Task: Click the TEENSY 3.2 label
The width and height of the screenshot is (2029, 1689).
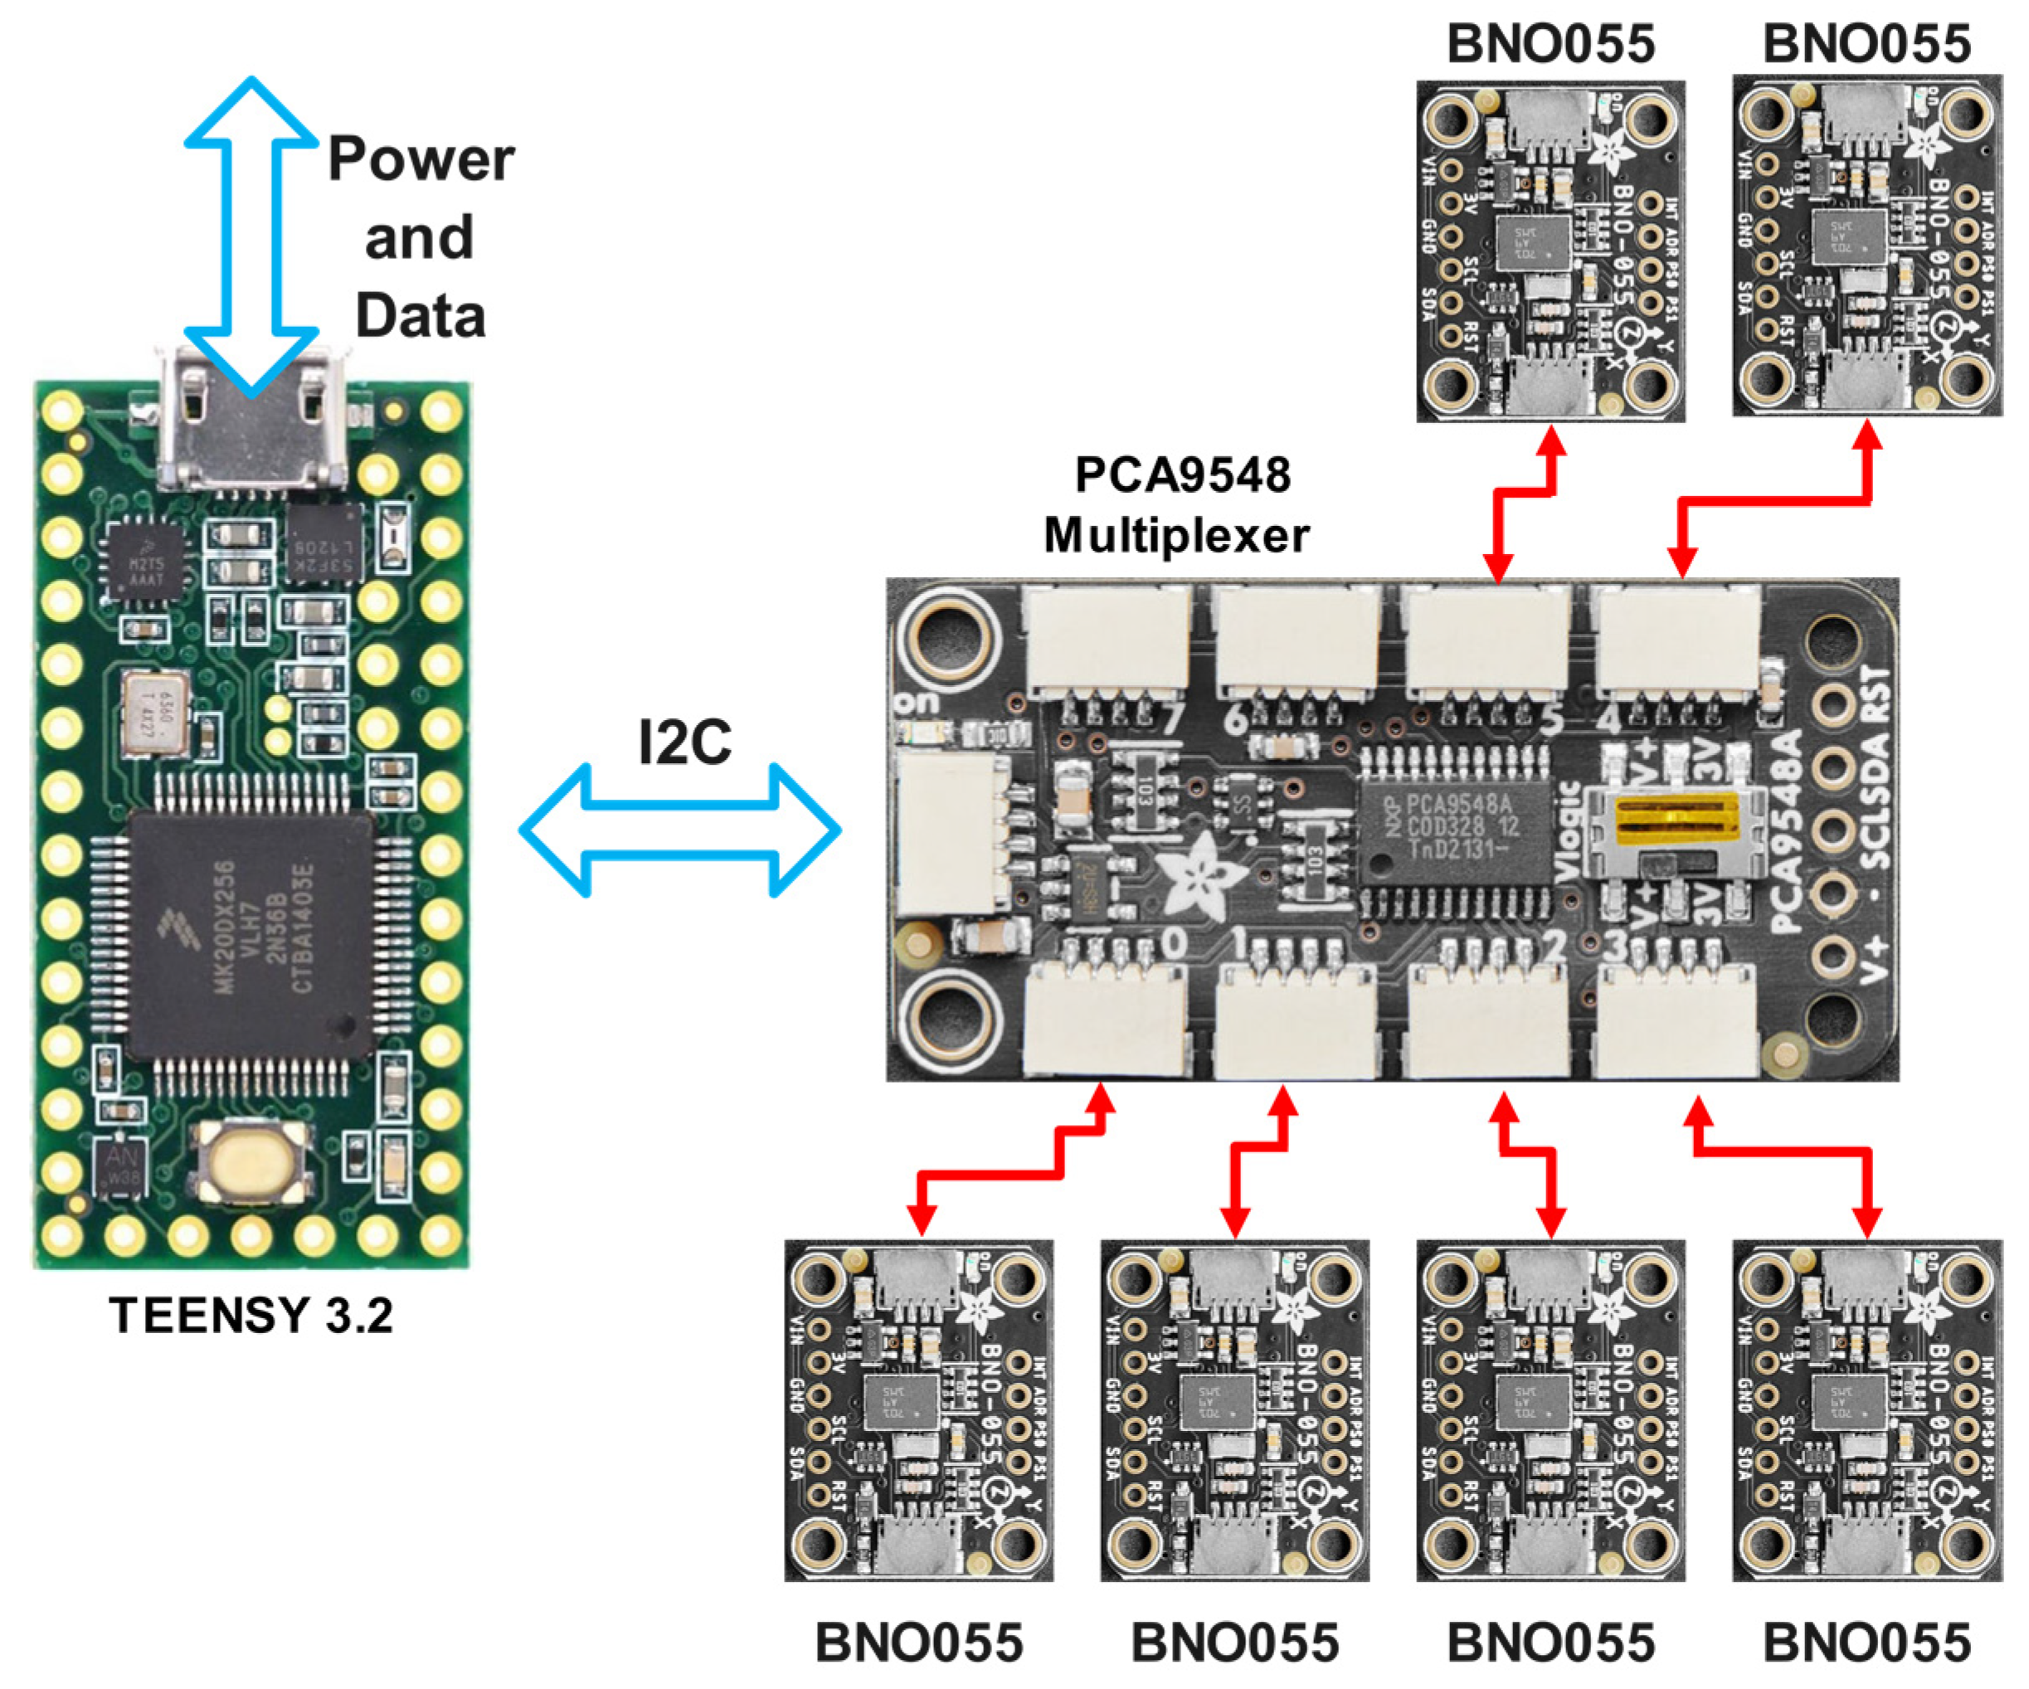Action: [251, 1315]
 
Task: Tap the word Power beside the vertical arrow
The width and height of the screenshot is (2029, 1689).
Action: [421, 158]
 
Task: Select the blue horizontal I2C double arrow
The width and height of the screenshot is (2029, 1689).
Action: [679, 829]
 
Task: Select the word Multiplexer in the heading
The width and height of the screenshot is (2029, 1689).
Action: [1176, 535]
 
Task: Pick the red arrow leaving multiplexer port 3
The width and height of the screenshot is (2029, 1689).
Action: [1788, 1150]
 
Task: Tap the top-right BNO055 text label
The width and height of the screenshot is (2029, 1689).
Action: [1866, 43]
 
